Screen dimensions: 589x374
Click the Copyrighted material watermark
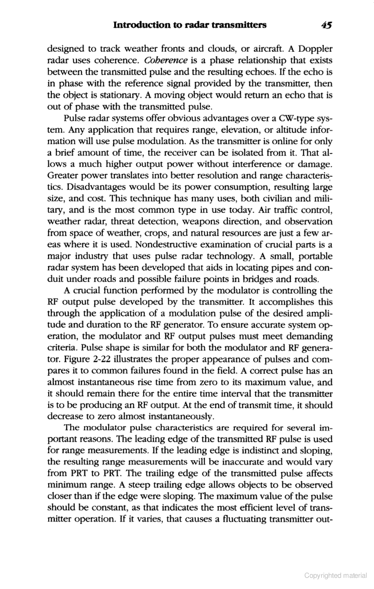pyautogui.click(x=335, y=575)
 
